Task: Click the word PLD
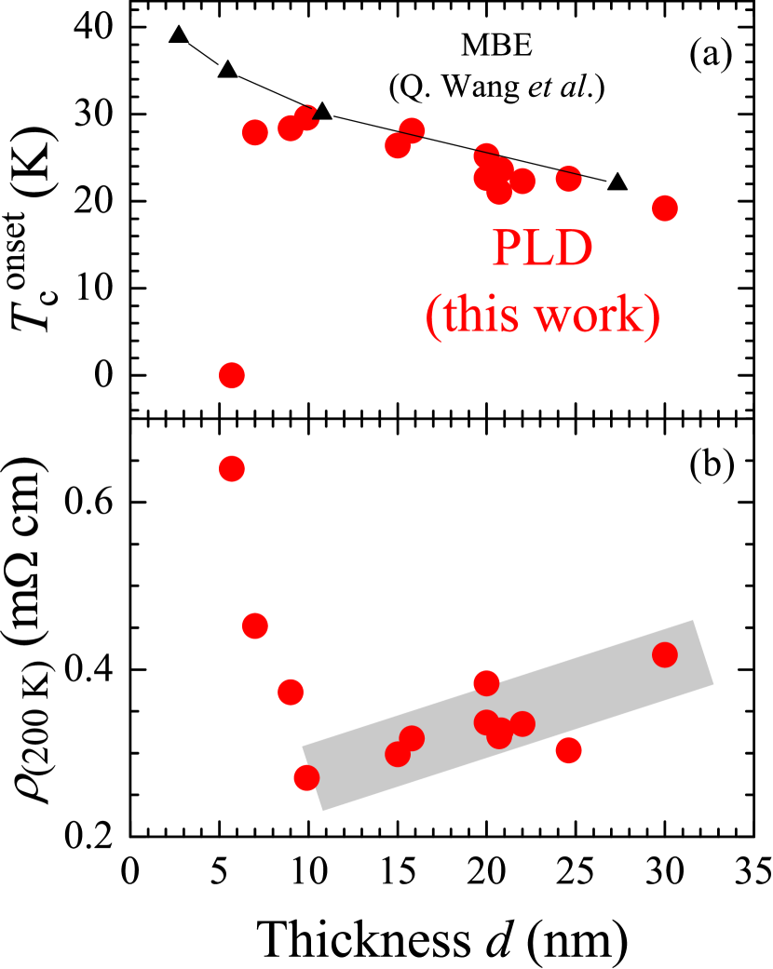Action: click(x=542, y=249)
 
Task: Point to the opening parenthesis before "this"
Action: click(x=432, y=317)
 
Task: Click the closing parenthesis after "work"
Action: click(x=653, y=317)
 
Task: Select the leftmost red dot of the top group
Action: click(x=254, y=132)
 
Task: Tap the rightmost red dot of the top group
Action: click(x=664, y=208)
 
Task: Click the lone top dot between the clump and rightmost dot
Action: click(x=568, y=178)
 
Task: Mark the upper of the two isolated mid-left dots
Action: click(x=232, y=375)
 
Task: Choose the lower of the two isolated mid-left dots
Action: click(x=232, y=468)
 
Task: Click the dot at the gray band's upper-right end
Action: click(x=664, y=654)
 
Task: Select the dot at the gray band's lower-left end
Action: click(x=306, y=777)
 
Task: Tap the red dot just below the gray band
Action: click(x=568, y=749)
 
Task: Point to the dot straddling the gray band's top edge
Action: click(x=486, y=683)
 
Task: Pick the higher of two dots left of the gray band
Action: click(x=254, y=626)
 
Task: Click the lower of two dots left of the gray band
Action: click(x=291, y=692)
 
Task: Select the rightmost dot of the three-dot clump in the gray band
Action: click(x=522, y=723)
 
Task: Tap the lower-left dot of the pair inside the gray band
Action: click(x=398, y=754)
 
